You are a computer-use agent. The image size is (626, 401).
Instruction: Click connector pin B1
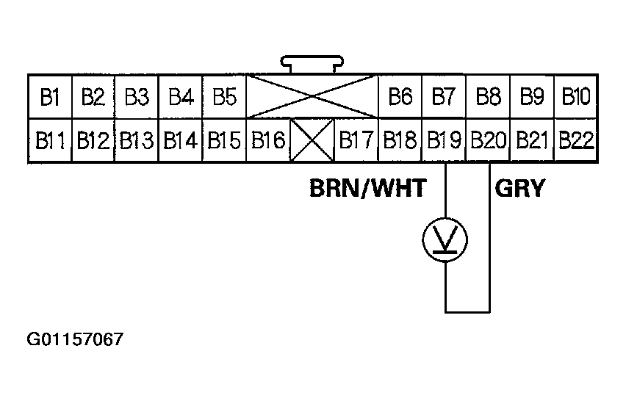point(49,96)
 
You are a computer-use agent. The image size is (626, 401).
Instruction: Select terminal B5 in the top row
point(224,96)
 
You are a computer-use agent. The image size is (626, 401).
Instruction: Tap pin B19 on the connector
point(444,140)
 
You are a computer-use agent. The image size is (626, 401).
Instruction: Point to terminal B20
point(488,140)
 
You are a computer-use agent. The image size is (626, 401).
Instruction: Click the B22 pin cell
point(575,140)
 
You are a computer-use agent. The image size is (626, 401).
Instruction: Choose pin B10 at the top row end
point(575,96)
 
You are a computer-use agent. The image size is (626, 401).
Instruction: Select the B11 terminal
point(49,140)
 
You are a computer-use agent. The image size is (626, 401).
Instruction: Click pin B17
point(356,140)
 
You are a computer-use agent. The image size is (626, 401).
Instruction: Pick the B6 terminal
point(400,96)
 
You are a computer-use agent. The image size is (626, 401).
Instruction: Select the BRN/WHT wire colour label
point(367,189)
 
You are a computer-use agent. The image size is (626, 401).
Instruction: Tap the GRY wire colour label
point(520,189)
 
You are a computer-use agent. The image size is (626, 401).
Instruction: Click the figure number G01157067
point(76,340)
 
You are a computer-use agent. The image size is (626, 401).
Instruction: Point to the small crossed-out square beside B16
point(312,140)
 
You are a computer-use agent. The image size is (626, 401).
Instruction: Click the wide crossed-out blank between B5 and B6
point(312,96)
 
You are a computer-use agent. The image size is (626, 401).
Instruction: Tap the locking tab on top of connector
point(312,65)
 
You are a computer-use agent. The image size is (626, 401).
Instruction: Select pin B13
point(137,140)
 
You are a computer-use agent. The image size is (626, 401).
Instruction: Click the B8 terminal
point(488,96)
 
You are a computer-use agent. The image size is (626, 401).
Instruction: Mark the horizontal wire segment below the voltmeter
point(467,312)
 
